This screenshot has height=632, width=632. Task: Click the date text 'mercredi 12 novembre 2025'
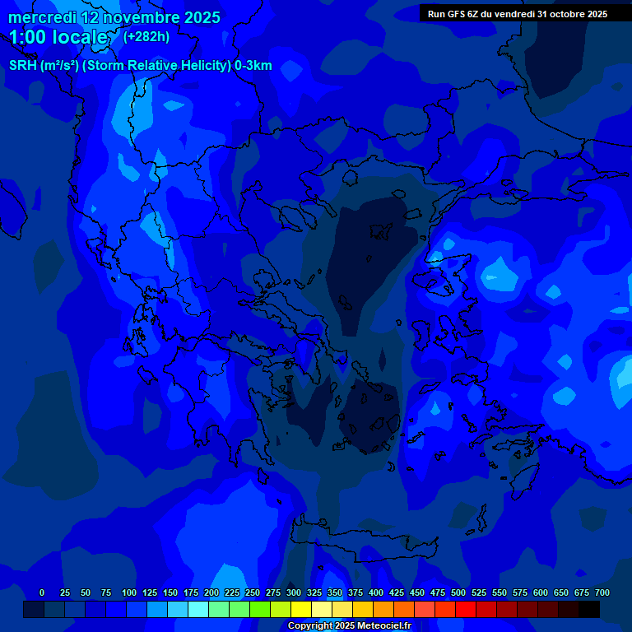114,17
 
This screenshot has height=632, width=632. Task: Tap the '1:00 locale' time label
58,37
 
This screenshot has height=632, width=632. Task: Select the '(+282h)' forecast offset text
146,36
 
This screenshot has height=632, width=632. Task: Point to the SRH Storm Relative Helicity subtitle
141,66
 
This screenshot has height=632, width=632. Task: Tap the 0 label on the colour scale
42,592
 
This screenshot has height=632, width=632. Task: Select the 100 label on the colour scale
129,592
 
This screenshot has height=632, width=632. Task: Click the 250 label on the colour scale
253,592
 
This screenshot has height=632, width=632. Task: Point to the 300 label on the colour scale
294,592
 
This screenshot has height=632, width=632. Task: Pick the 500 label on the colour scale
458,592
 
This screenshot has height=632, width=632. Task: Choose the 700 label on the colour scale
602,592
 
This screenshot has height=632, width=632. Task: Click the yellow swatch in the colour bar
301,610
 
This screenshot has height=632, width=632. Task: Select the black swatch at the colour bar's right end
589,610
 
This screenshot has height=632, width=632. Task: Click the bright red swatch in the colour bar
466,610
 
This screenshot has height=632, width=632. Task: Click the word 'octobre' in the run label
567,14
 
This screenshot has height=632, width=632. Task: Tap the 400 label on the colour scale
376,592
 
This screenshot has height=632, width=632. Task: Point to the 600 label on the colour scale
541,592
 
